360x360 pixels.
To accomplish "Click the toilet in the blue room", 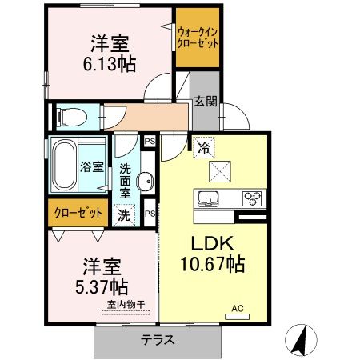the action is pos(72,117).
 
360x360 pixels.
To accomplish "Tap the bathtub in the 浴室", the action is pos(64,165).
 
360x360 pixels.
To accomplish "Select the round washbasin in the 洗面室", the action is pos(145,182).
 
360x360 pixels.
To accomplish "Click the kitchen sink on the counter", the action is pos(208,199).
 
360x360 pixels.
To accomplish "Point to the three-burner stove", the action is pos(252,198).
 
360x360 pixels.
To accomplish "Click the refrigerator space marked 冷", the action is pos(204,147).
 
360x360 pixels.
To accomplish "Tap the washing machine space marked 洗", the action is pos(124,215).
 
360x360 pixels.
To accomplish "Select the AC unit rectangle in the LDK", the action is pos(237,317).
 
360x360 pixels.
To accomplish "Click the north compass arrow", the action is pos(300,340).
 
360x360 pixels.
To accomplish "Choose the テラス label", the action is pos(158,340).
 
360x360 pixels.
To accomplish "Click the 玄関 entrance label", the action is pos(205,101).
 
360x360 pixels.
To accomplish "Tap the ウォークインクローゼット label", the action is pos(198,38).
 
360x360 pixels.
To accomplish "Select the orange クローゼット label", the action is pos(78,213).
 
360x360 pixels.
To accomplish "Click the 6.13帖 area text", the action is pos(110,64).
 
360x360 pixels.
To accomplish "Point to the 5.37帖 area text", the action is pos(102,286).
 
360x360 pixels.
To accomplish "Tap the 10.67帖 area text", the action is pos(213,264).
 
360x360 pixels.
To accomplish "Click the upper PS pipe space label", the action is pos(150,142).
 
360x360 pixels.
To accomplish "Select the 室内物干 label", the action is pos(126,305).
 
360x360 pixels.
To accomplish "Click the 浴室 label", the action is pos(91,167).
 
